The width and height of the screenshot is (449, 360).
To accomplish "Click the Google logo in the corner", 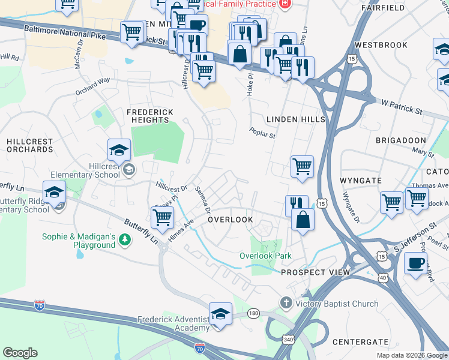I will point(20,353).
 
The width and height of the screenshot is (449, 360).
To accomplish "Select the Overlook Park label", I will point(266,256).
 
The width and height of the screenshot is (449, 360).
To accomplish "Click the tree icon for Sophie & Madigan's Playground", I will point(124,241).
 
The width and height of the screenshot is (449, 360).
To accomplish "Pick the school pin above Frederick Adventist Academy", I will point(220,314).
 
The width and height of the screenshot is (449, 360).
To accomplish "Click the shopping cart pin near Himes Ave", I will point(162,219).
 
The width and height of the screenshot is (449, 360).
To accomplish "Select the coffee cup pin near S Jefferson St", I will point(415,263).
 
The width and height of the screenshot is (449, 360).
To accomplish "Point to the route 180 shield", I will point(255,313).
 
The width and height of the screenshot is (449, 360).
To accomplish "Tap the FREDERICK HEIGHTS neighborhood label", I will point(149,116).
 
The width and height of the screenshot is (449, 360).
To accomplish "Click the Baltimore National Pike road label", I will point(65,32).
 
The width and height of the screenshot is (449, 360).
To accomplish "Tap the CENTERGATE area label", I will point(362,342).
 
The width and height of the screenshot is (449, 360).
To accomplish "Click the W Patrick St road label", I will point(402,106).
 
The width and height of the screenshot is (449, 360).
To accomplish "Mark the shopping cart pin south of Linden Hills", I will point(302,167).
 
